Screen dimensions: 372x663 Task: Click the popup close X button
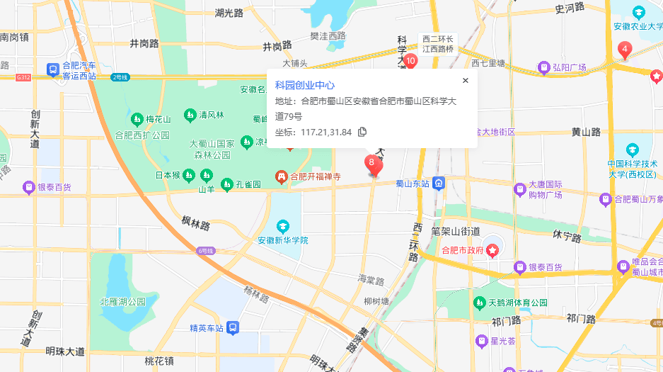[x=465, y=81]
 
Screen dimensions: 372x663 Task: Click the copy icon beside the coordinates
[x=362, y=131]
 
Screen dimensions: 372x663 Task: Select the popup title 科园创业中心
[x=304, y=85]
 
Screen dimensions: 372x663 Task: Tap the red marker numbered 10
[x=410, y=61]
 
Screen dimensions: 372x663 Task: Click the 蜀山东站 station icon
[x=439, y=184]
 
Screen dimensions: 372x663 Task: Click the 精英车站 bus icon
[x=233, y=328]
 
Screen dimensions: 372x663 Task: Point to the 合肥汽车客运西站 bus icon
[x=52, y=69]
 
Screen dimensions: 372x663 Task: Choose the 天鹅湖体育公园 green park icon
[x=480, y=303]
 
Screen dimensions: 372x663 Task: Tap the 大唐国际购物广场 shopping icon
[x=520, y=189]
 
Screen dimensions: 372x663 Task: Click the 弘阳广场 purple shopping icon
[x=544, y=68]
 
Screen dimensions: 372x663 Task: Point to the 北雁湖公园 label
[x=122, y=302]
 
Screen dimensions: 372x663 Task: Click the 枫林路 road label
[x=195, y=225]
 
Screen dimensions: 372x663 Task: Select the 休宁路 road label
[x=567, y=236]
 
